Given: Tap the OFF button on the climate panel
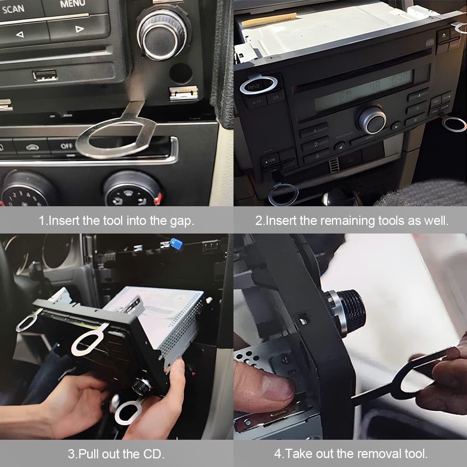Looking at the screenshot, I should click(x=67, y=146).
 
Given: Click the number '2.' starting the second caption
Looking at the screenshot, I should click(x=260, y=221).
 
